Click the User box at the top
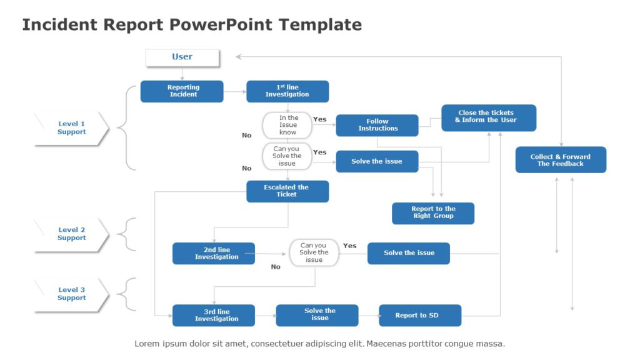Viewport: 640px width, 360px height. (x=182, y=57)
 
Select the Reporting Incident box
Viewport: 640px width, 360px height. (x=182, y=91)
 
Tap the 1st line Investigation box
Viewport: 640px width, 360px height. (x=287, y=91)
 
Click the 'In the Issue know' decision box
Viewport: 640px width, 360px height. (x=287, y=125)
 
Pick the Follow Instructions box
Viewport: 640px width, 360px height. (x=377, y=125)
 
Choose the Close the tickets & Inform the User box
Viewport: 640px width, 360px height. (x=488, y=117)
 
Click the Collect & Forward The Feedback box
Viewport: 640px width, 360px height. (x=561, y=160)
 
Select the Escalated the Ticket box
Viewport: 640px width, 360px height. (x=287, y=191)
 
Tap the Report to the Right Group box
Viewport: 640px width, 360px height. (x=433, y=213)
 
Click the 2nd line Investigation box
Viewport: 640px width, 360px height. (x=214, y=253)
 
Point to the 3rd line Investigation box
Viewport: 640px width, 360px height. (x=214, y=315)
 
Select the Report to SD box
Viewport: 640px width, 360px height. (x=420, y=315)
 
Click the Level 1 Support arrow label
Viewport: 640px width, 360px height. (x=71, y=128)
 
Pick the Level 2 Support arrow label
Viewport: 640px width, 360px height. (x=71, y=234)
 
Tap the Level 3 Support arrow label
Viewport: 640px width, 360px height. (x=71, y=294)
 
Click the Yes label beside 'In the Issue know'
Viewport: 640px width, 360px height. (x=319, y=119)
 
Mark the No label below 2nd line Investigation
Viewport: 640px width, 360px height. (x=276, y=267)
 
